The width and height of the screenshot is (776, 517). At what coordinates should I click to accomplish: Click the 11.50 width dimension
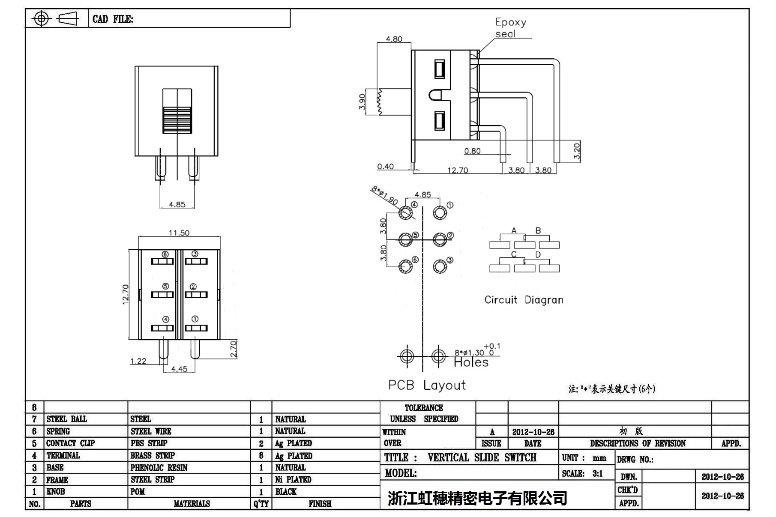pos(179,233)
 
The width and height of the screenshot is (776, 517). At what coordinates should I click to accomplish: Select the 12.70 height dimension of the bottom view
pos(125,294)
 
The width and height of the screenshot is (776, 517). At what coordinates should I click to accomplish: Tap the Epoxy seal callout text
pos(510,28)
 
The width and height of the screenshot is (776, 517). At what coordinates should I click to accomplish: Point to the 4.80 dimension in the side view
pos(394,39)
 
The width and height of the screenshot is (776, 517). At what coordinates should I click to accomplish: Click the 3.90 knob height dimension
pos(362,102)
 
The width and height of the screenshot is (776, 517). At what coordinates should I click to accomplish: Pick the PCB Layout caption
pos(427,385)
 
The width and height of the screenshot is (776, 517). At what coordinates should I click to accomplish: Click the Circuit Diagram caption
pos(523,300)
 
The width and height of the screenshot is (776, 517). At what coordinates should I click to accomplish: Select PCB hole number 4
pos(405,212)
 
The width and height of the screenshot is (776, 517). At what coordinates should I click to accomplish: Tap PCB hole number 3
pos(440,266)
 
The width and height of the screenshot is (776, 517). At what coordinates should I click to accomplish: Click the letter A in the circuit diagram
pos(514,231)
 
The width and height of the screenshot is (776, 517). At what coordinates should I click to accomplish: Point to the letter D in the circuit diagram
pos(538,255)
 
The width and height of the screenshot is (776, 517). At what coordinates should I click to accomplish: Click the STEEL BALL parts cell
pos(66,419)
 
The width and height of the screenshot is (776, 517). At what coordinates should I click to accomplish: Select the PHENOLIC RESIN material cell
pos(159,467)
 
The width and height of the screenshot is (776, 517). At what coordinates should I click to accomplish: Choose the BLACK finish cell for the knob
pos(286,492)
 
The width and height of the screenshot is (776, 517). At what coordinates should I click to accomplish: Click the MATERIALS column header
pos(192,504)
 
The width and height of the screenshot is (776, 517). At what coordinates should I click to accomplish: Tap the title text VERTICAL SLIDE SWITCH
pos(482,457)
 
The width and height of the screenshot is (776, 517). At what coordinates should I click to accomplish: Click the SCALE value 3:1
pos(597,473)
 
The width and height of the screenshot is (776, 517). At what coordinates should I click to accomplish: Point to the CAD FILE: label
pos(113,19)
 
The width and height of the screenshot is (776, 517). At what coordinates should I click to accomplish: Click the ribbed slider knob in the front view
pos(177,120)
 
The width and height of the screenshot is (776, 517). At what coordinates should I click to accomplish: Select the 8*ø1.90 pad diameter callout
pos(384,195)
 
